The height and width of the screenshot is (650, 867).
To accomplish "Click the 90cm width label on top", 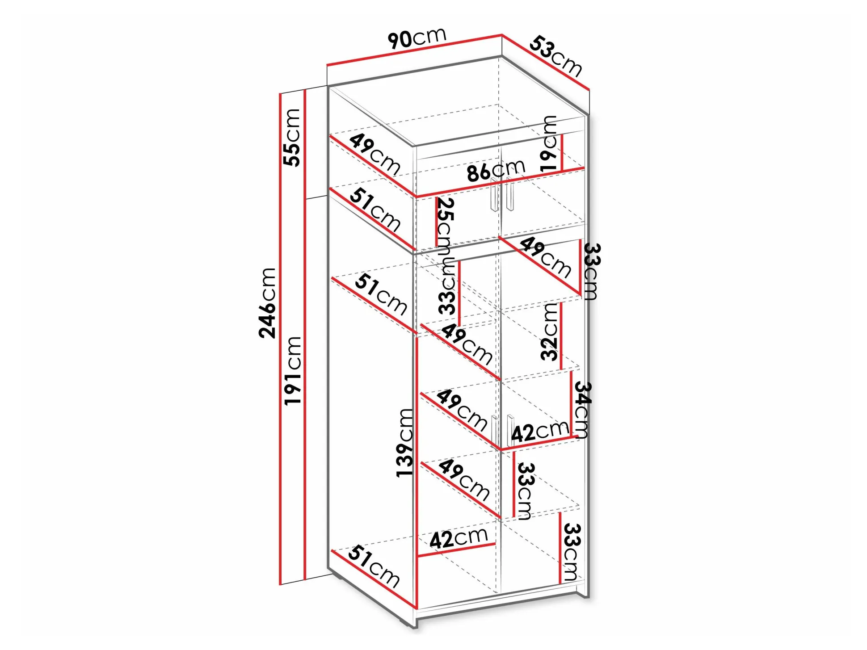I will click(x=417, y=38).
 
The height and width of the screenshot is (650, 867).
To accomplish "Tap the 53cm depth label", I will click(x=556, y=57).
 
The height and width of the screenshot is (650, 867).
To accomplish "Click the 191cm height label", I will click(x=293, y=371).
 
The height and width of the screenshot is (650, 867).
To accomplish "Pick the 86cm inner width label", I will click(x=496, y=170).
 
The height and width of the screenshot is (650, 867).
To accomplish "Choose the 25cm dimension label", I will click(x=445, y=222).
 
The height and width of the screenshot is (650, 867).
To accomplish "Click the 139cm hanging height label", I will click(x=405, y=442).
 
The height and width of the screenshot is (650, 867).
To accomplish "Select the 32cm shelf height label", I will click(x=549, y=331).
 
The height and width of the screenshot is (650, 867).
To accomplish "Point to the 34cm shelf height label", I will click(x=582, y=409).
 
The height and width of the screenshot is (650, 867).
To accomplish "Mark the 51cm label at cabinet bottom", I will click(x=374, y=566).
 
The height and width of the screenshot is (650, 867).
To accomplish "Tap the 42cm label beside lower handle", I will click(x=540, y=431).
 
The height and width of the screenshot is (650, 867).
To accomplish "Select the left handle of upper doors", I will click(x=494, y=194).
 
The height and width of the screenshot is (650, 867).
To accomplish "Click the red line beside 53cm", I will click(x=545, y=63).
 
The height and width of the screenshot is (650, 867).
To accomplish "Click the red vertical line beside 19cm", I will click(x=562, y=152).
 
